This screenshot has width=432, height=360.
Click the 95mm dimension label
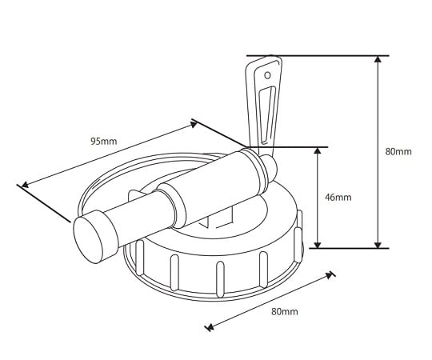point(103,141)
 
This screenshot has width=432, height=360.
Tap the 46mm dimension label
point(339,197)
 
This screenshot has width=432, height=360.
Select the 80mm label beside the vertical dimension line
point(398,151)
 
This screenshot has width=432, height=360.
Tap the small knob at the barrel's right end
point(270,166)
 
